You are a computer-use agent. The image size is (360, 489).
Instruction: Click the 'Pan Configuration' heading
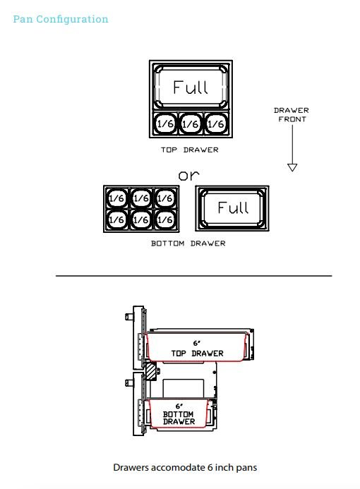tap(61, 19)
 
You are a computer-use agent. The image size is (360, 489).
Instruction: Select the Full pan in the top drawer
tap(191, 86)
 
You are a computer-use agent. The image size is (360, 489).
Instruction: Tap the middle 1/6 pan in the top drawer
tap(191, 123)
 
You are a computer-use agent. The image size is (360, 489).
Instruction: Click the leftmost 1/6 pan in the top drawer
tap(165, 123)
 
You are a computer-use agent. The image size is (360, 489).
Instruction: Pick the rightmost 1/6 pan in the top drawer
tap(216, 123)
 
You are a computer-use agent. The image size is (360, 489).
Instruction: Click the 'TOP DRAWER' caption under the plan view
tap(190, 150)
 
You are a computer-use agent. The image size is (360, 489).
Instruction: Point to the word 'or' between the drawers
tap(188, 176)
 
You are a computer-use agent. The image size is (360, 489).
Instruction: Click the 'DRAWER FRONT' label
tap(292, 115)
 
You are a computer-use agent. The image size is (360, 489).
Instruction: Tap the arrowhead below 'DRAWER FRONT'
tap(292, 167)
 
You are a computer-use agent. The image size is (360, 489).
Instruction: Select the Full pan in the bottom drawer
tap(232, 208)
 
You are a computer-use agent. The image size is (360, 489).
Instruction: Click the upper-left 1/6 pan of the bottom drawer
tap(116, 198)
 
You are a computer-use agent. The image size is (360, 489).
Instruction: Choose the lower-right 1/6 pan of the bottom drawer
tap(165, 219)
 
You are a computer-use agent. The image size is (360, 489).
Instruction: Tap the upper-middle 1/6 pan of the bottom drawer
tap(141, 198)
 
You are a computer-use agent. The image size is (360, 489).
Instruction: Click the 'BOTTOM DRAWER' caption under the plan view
tap(188, 243)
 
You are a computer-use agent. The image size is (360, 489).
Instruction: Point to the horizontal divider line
tap(193, 276)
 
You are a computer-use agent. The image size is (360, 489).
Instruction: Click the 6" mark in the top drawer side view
tap(196, 344)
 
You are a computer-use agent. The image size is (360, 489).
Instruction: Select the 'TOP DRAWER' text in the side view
tap(197, 354)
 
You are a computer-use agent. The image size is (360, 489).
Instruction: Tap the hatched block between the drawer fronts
tap(151, 371)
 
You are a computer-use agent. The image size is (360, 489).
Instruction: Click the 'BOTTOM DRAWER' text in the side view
tap(179, 418)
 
